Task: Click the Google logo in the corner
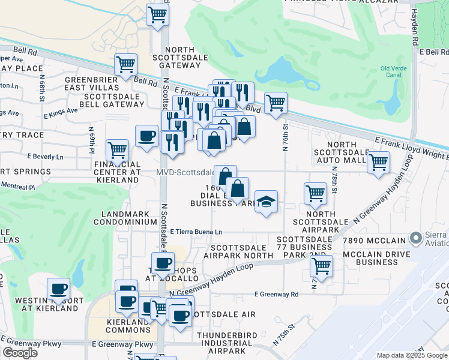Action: coord(20,353)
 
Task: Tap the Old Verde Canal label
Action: coord(394,71)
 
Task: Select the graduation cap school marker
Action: coord(266,201)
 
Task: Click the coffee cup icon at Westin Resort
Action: coord(59,289)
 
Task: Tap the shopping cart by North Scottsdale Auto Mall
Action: coord(378,161)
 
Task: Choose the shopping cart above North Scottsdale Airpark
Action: coord(315,193)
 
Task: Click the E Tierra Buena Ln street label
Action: coord(196,232)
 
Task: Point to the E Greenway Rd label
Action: coord(276,295)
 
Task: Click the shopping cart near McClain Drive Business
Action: coord(322,265)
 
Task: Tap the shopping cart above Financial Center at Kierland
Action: coord(117,149)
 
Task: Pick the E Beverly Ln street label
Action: coord(46,157)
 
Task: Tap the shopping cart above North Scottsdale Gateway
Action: coord(157,14)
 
